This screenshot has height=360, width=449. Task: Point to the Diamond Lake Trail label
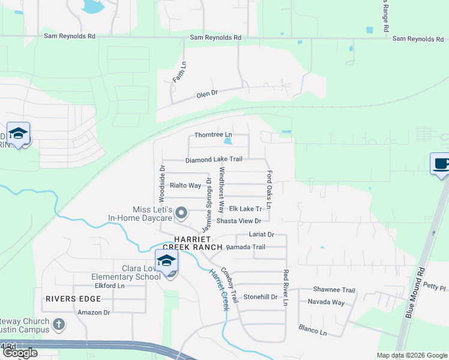[x=214, y=160]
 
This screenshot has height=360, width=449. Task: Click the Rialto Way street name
[x=185, y=185]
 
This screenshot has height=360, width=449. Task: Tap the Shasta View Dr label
[x=243, y=221]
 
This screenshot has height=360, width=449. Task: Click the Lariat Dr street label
[x=262, y=235]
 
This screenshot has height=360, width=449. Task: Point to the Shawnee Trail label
[x=334, y=290]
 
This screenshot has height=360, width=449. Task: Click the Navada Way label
[x=326, y=302]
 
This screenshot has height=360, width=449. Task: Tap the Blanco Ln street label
[x=313, y=329]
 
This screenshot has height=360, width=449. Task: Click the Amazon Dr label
[x=94, y=312]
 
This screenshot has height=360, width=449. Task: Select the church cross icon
[x=58, y=325]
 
